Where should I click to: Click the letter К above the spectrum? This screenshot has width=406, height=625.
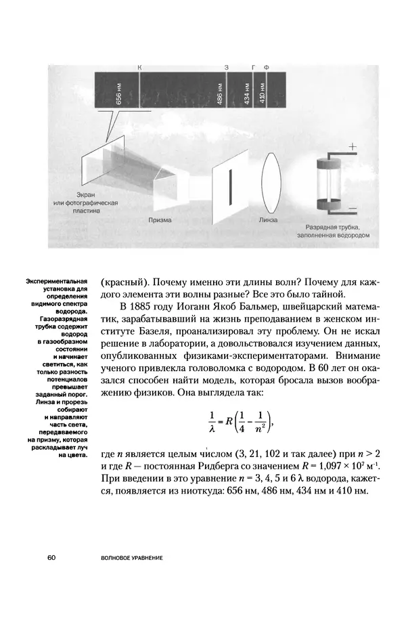[x=139, y=68]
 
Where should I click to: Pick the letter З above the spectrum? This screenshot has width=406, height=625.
[x=226, y=68]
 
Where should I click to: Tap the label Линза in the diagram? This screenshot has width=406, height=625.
[x=269, y=219]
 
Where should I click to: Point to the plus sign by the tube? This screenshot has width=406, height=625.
[x=353, y=146]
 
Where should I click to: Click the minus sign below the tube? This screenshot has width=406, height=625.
[x=353, y=209]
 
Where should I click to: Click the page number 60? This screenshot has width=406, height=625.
[x=52, y=557]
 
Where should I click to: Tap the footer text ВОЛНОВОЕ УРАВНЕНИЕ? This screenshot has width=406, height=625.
[x=131, y=558]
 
